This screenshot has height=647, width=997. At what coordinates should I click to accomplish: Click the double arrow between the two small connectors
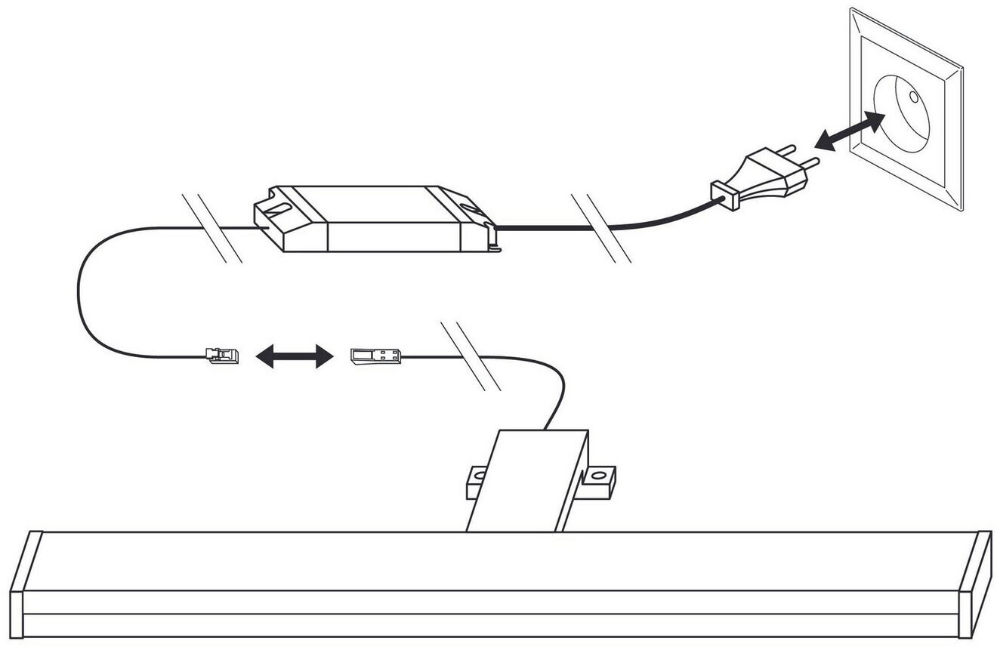294,356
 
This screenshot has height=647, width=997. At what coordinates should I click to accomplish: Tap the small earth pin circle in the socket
913,97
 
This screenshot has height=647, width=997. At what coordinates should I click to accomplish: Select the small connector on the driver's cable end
223,355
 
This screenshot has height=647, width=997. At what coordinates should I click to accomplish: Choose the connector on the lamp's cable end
375,356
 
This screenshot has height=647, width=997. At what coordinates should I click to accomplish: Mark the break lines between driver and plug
601,228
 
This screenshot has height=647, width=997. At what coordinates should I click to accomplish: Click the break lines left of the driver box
212,227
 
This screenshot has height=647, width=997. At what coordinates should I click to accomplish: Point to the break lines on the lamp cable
470,356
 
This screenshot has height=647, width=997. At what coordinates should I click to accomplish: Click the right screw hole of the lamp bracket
599,476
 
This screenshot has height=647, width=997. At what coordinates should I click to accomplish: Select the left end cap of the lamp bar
22,585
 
